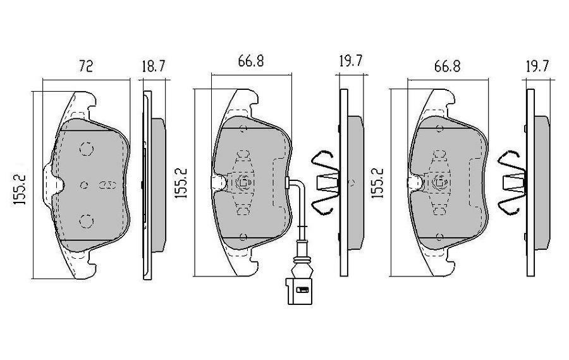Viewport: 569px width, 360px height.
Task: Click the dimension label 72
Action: point(85,66)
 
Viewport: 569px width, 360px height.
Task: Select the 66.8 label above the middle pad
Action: point(251,62)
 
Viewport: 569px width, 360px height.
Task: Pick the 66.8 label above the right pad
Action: point(446,66)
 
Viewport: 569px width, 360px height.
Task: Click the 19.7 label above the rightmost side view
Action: point(537,66)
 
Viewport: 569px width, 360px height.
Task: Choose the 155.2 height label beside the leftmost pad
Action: point(20,185)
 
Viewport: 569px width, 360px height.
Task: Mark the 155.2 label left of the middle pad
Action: point(183,183)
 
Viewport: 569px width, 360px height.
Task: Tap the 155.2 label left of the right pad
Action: point(378,183)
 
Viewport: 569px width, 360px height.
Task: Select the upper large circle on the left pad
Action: point(85,149)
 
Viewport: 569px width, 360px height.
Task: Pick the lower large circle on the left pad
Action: point(85,221)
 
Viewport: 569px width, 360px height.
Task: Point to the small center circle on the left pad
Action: point(85,185)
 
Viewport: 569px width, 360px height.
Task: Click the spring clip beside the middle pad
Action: point(327,183)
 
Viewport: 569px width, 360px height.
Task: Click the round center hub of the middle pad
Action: point(243,183)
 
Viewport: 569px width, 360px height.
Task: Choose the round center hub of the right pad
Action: point(438,183)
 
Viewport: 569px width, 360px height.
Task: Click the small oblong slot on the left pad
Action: point(106,185)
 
